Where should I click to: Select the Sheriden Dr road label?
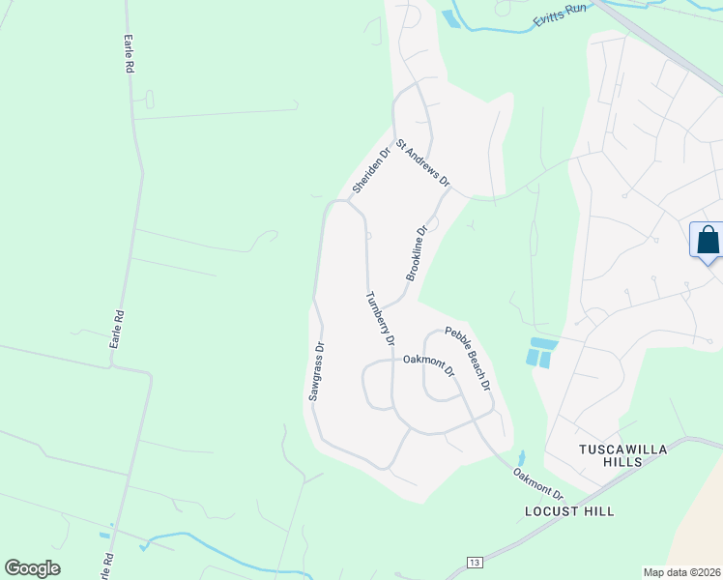371,169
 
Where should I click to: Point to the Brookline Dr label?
417,254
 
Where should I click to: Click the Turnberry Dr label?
380,318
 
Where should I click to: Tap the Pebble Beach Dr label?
468,359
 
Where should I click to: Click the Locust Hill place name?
568,510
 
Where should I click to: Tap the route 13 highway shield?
474,562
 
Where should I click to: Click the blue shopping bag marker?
708,240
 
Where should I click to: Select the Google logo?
32,568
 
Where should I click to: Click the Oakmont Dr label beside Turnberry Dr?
428,361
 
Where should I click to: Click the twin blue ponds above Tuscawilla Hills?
538,352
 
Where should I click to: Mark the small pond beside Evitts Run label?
450,17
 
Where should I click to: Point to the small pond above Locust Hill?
521,458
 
